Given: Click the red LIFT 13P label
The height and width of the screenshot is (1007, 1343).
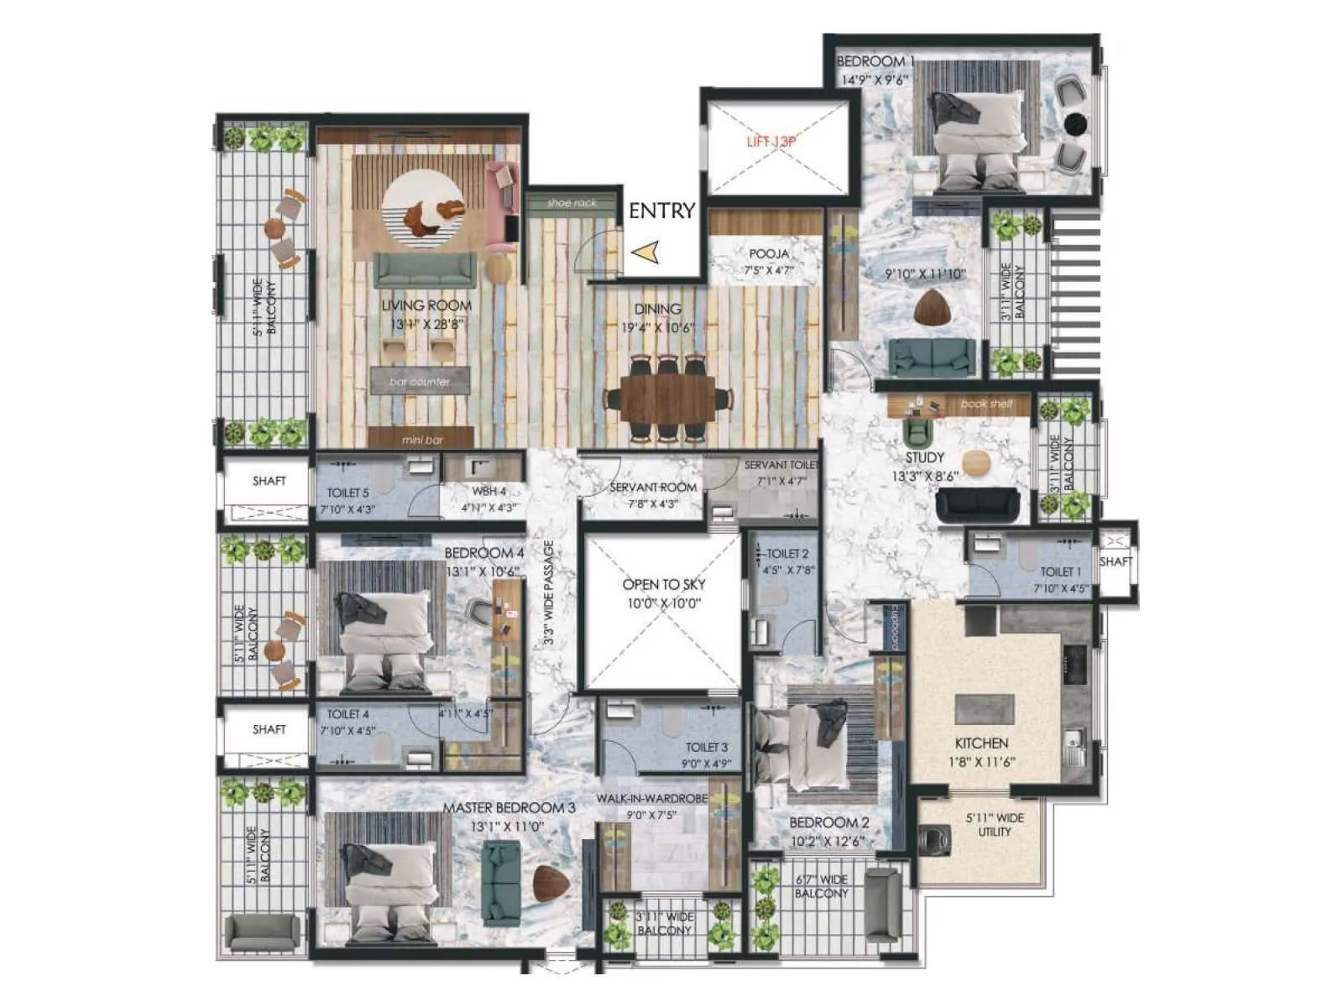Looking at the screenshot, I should [x=771, y=142].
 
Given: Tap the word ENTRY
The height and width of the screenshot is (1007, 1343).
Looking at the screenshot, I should [x=661, y=211].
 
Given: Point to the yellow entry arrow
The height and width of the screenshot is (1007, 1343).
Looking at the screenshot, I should [x=645, y=252].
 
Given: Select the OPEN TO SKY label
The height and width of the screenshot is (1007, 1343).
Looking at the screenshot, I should [x=663, y=585].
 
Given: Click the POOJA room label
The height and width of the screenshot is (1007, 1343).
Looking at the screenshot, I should [x=769, y=253].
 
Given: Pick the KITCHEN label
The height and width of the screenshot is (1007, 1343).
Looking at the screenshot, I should [x=981, y=744].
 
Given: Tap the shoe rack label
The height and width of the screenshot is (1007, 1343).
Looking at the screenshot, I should [x=572, y=203].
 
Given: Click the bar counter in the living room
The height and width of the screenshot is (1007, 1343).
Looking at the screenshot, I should [x=421, y=381].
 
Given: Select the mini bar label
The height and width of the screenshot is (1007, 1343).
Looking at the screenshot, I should [x=422, y=439].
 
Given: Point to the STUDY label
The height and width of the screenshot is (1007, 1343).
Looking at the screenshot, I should [x=924, y=458].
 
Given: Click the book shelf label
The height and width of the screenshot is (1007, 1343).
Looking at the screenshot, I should [x=986, y=404].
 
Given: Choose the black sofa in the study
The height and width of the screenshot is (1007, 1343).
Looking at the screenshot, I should [x=977, y=504].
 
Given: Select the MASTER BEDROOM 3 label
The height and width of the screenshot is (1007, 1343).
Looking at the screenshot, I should [x=509, y=808].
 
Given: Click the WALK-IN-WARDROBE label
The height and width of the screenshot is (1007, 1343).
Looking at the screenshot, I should [x=651, y=798].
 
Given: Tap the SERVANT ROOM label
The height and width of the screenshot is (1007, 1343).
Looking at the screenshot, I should [x=653, y=488].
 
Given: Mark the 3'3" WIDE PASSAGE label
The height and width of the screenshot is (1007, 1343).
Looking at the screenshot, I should [x=548, y=592].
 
